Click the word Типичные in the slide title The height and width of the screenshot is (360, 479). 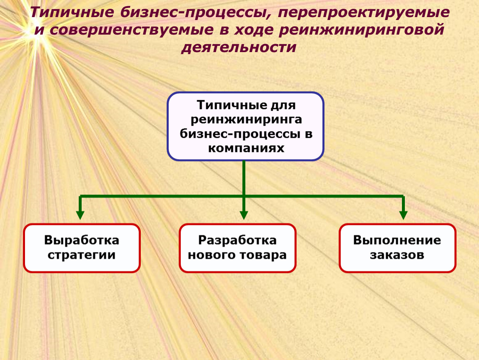click(72, 12)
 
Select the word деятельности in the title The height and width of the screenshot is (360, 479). click(239, 47)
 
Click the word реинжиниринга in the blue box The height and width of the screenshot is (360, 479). click(246, 120)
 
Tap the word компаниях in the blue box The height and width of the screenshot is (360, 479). click(246, 148)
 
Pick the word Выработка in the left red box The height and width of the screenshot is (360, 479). click(82, 240)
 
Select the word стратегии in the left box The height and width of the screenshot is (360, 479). click(82, 255)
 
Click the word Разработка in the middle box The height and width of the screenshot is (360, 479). click(237, 240)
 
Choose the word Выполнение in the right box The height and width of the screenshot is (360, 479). click(397, 240)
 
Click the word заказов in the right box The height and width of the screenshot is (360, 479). click(397, 255)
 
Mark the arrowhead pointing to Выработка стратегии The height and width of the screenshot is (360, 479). click(80, 215)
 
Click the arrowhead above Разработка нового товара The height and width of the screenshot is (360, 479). click(244, 215)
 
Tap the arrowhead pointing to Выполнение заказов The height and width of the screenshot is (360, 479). click(403, 215)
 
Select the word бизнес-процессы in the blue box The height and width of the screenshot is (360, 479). click(246, 134)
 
